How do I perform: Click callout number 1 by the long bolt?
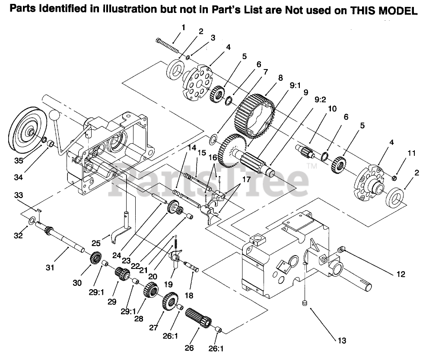[x=183, y=27]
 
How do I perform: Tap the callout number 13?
[x=341, y=341]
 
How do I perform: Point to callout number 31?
[x=50, y=267]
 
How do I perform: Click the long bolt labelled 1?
[x=167, y=44]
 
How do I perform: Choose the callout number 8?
[x=280, y=78]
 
